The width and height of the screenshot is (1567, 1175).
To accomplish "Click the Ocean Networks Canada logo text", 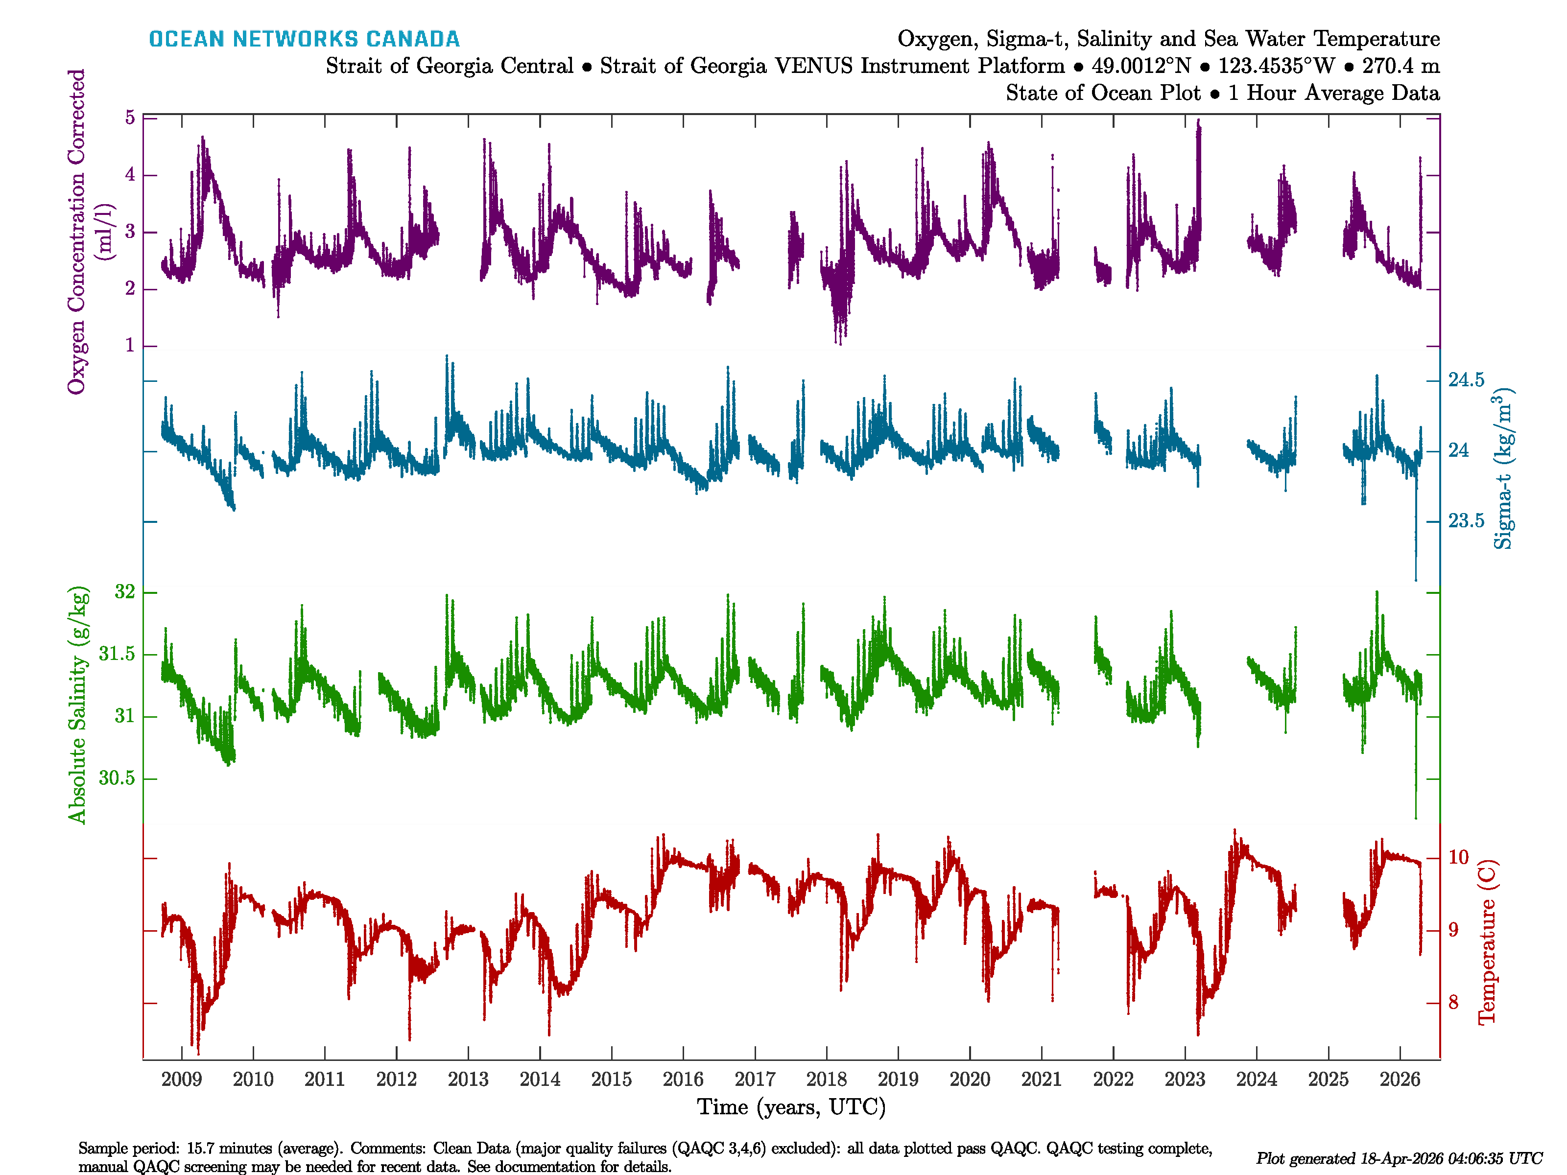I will pos(304,39).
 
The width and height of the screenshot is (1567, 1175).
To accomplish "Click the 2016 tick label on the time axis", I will pos(683,1080).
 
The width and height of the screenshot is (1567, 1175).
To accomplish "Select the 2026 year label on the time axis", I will pos(1400,1080).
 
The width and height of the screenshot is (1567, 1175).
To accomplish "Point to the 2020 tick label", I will pos(970,1080).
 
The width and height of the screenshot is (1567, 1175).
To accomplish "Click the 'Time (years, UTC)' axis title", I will pos(791,1107).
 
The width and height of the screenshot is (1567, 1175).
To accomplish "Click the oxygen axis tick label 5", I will pos(130,117).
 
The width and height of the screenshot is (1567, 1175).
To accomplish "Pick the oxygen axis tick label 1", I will pos(130,346).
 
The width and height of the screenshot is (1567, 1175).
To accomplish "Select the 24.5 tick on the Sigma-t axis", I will pos(1466,380).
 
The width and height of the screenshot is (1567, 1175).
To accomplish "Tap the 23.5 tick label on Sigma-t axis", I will pos(1466,521).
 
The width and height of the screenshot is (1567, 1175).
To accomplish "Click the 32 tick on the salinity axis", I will pos(125,592).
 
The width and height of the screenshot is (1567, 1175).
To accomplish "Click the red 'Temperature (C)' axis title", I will pos(1486,942).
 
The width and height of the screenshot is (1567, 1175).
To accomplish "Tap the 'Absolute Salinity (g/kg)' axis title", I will pos(77,705).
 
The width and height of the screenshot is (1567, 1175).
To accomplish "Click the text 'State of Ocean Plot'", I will pos(1103,93).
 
